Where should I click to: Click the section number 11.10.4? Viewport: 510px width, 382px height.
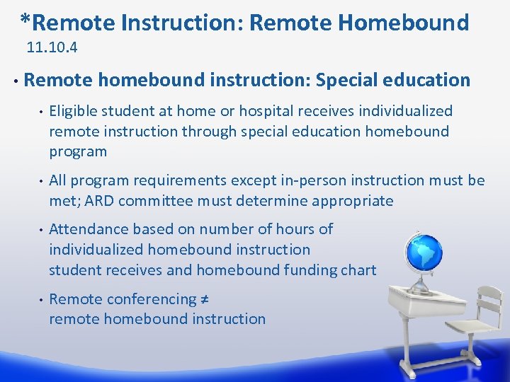click(x=52, y=49)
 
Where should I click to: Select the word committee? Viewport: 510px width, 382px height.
click(x=155, y=201)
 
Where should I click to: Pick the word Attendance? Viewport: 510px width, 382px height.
click(x=84, y=229)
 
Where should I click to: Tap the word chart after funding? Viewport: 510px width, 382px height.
click(x=360, y=270)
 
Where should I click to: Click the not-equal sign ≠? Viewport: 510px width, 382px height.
click(x=203, y=299)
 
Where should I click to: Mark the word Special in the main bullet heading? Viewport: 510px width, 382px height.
click(x=348, y=80)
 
